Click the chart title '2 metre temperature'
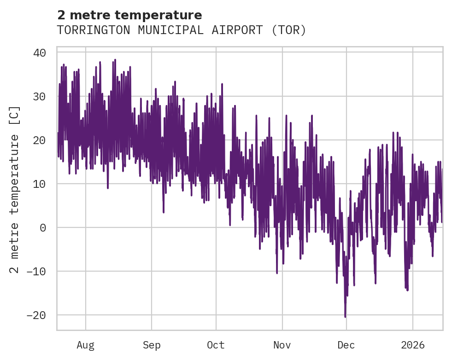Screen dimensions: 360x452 coord(129,15)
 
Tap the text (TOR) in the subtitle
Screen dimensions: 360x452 coord(288,30)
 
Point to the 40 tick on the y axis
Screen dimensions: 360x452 coord(40,53)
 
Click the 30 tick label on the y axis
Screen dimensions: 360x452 coord(40,97)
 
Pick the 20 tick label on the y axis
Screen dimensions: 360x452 coord(40,140)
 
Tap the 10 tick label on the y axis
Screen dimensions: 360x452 coord(40,184)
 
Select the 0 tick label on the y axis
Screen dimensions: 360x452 coord(43,228)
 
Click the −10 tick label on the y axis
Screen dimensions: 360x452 coord(36,272)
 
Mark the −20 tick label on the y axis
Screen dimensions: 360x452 coord(36,315)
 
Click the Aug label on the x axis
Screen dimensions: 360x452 coord(86,345)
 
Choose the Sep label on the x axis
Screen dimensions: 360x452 coord(151,345)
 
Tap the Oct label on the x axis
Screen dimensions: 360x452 coord(216,345)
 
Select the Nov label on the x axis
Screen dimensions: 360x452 coord(282,345)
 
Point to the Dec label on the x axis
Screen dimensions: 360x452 coord(346,345)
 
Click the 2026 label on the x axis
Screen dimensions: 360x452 coord(412,345)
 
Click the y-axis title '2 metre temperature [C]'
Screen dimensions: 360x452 coord(15,189)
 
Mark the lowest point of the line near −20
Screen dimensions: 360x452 coord(345,317)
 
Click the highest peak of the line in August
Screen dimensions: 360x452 coord(115,60)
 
